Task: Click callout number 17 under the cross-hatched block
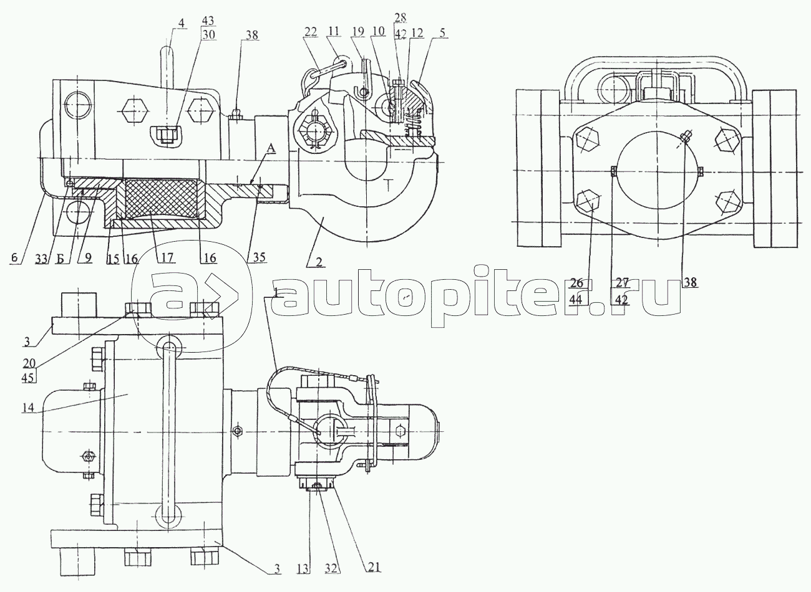[x=167, y=257]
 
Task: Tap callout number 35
[x=259, y=257]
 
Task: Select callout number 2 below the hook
[x=319, y=262]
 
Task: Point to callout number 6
[x=14, y=258]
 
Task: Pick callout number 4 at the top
[x=181, y=23]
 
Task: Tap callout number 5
[x=442, y=32]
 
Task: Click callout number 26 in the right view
[x=576, y=282]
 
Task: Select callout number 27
[x=621, y=282]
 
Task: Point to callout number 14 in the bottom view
[x=28, y=408]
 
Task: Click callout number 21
[x=374, y=567]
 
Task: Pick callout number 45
[x=27, y=378]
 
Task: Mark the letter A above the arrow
[x=271, y=148]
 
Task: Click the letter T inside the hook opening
[x=389, y=186]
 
